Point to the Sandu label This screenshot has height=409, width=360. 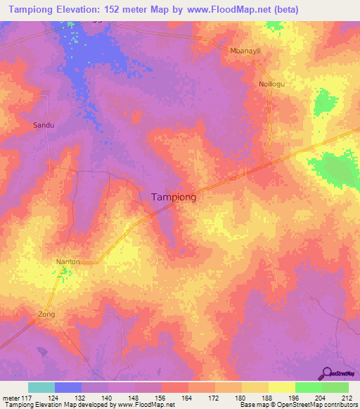click(44, 125)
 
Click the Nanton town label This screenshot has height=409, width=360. click(68, 261)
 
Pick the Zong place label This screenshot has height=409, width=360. click(46, 314)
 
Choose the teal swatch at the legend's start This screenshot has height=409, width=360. click(41, 387)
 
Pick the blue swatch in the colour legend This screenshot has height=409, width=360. click(68, 387)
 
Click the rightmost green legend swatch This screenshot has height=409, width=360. click(335, 387)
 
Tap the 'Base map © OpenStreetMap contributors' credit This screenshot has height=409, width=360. click(298, 405)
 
